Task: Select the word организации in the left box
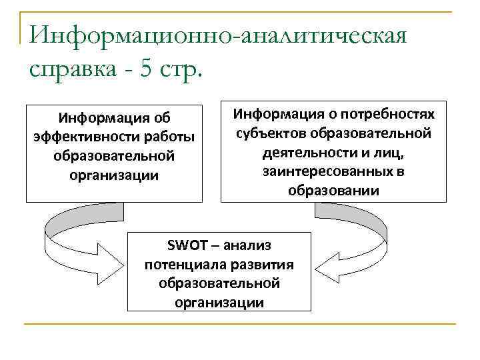[113, 176]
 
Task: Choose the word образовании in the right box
[333, 191]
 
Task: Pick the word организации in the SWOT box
[219, 302]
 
